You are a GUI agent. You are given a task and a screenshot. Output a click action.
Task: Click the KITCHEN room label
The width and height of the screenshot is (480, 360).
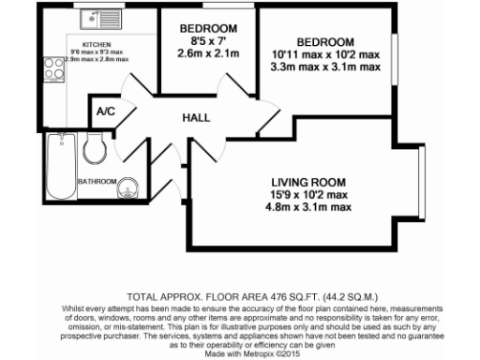click(97, 44)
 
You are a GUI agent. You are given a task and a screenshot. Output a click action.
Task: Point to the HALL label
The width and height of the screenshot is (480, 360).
click(196, 118)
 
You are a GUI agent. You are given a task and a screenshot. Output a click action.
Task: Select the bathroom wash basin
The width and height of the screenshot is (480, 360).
click(127, 191)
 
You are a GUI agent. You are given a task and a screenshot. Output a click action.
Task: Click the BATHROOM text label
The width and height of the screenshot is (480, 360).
click(97, 181)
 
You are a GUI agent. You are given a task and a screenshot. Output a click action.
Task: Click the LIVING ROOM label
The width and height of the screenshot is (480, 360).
click(308, 181)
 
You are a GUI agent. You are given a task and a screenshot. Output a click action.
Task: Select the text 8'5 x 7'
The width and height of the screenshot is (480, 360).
click(207, 40)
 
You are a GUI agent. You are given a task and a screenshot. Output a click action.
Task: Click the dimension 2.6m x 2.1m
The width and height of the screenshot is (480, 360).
click(207, 53)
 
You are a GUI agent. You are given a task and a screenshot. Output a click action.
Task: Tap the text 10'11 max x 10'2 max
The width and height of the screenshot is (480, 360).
click(325, 54)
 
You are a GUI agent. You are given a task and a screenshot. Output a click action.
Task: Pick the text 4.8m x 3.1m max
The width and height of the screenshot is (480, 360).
click(308, 208)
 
